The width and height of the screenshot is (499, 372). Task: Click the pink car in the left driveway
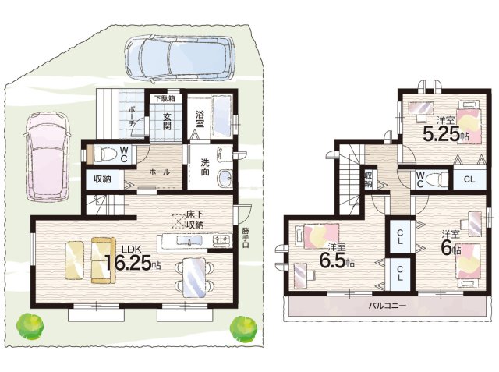(47, 157)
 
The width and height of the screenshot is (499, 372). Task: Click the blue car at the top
(179, 59)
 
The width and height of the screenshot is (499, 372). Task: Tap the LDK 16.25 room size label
(131, 260)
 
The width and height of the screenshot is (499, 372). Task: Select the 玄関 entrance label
(167, 122)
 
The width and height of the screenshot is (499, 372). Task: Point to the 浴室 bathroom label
(200, 119)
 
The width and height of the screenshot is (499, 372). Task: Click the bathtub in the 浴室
(221, 115)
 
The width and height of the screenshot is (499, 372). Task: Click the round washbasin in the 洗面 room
(225, 177)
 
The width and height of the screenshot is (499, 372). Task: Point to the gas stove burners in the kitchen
(221, 240)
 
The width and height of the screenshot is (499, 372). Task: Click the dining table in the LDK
(194, 278)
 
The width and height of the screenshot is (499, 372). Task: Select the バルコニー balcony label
(388, 306)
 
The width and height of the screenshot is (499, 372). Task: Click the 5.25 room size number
(441, 134)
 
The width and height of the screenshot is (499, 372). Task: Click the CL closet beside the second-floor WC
(469, 179)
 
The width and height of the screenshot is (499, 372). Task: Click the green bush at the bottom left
(30, 325)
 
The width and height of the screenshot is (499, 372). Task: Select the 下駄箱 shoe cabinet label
(165, 98)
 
